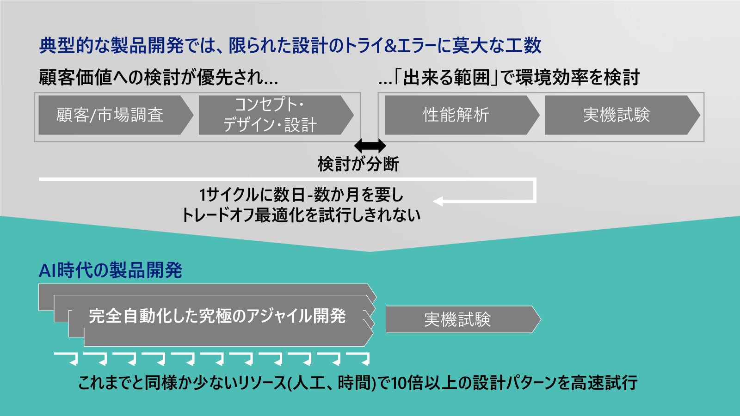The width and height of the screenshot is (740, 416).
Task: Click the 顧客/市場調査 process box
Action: coord(111,115)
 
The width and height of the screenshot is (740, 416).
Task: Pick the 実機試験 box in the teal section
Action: coord(458,319)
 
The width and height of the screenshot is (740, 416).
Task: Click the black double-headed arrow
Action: coord(370,146)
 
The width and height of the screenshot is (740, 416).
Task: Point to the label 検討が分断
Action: coord(358,164)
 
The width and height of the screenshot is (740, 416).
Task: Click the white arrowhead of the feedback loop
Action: coord(438,201)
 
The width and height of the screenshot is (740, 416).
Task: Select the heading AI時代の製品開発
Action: coord(111,270)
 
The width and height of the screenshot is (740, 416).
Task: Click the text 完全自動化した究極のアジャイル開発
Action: coord(217,316)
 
